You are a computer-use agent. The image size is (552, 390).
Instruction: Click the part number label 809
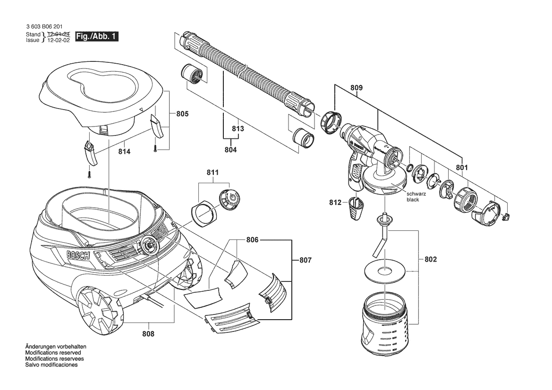(357, 87)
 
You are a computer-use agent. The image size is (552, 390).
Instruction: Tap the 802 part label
(431, 259)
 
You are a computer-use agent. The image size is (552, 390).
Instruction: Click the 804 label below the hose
(230, 150)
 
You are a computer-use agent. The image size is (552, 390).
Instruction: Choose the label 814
(125, 152)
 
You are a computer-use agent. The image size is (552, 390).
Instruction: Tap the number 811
(212, 173)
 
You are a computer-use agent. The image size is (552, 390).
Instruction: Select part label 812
(335, 203)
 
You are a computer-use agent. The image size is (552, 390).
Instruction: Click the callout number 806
(252, 240)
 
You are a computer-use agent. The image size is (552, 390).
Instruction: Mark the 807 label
(305, 260)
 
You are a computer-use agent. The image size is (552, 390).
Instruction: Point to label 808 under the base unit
(148, 334)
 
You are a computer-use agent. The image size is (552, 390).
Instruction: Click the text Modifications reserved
(53, 353)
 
